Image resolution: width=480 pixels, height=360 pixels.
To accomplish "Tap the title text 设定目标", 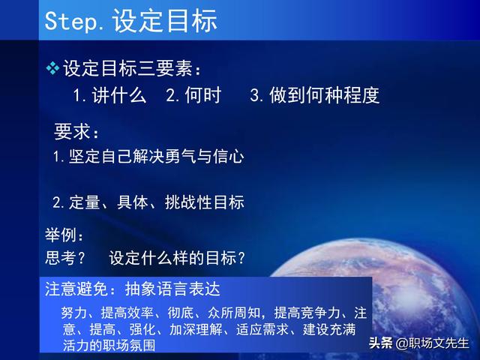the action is coord(165,20).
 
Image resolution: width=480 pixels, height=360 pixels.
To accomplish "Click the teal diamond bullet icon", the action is coord(52,68).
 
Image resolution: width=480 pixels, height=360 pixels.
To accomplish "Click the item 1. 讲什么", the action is coord(109,95).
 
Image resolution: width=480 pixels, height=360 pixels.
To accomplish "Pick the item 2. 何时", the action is coord(193,95).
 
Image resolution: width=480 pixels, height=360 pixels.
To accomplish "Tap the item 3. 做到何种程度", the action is coord(315,95).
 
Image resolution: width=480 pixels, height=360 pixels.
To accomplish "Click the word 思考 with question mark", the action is coord(65,258).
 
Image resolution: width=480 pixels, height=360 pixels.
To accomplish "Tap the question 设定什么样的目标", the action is coord(177,258).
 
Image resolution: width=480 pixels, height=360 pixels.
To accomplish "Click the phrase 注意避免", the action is coord(76,289).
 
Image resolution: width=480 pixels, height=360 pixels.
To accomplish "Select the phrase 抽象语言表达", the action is coord(172,289).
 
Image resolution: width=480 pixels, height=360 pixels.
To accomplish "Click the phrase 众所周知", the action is coord(234,313).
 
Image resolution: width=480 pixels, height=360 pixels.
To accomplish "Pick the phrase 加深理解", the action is coord(196,329).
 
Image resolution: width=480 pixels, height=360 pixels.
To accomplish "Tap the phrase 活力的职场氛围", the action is coord(109,345).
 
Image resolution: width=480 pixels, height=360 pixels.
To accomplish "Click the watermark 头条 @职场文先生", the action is coord(418,343).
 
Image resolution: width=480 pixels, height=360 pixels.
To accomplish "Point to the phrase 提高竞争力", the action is coord(307,313).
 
